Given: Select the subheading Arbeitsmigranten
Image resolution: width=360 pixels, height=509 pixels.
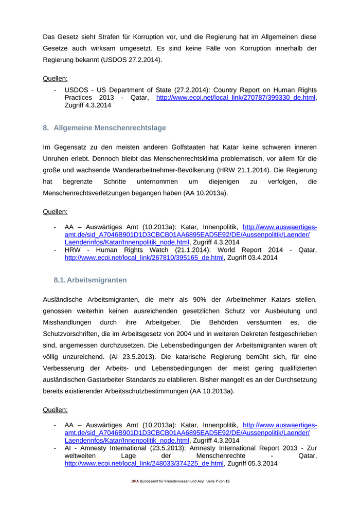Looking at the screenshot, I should [x=97, y=280].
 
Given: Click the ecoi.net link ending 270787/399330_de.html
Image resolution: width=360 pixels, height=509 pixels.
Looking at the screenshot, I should [x=236, y=98].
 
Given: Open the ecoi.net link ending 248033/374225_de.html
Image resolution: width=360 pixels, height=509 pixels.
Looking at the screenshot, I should [x=144, y=464].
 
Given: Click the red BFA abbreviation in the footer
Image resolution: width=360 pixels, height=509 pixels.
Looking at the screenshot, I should [x=134, y=481].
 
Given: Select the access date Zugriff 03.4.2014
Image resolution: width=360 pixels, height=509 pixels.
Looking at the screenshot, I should [x=253, y=258].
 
